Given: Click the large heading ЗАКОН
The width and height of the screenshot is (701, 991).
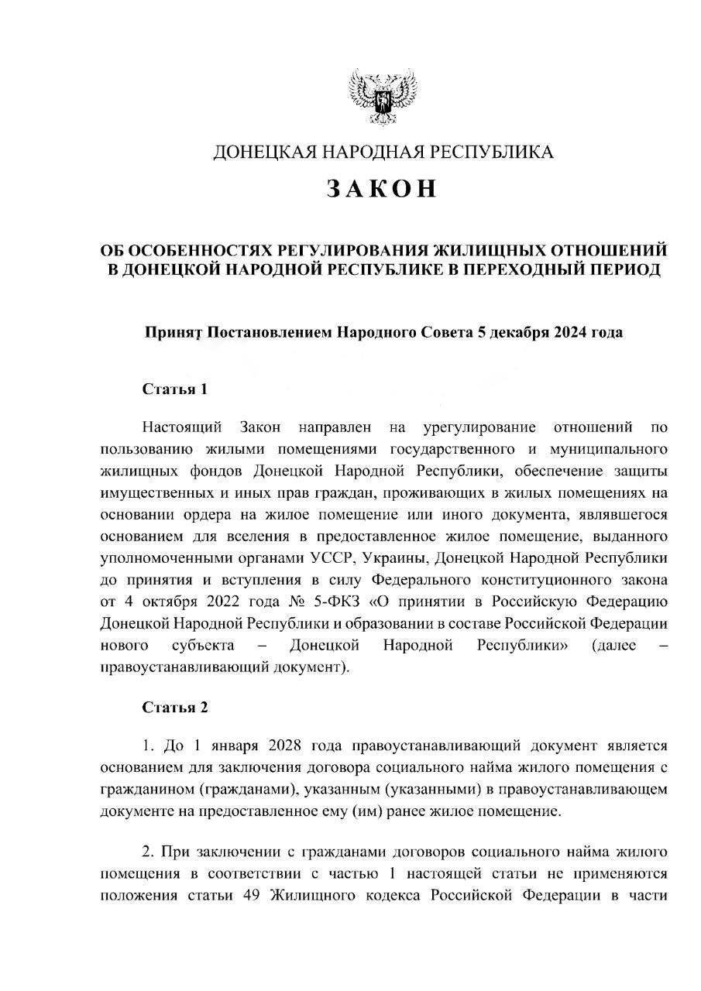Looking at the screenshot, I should tap(382, 190).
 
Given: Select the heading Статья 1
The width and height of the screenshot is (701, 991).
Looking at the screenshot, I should tap(174, 389).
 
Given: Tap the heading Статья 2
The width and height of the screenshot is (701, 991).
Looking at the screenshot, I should tap(174, 707).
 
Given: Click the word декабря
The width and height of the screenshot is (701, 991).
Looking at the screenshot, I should tap(514, 334).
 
